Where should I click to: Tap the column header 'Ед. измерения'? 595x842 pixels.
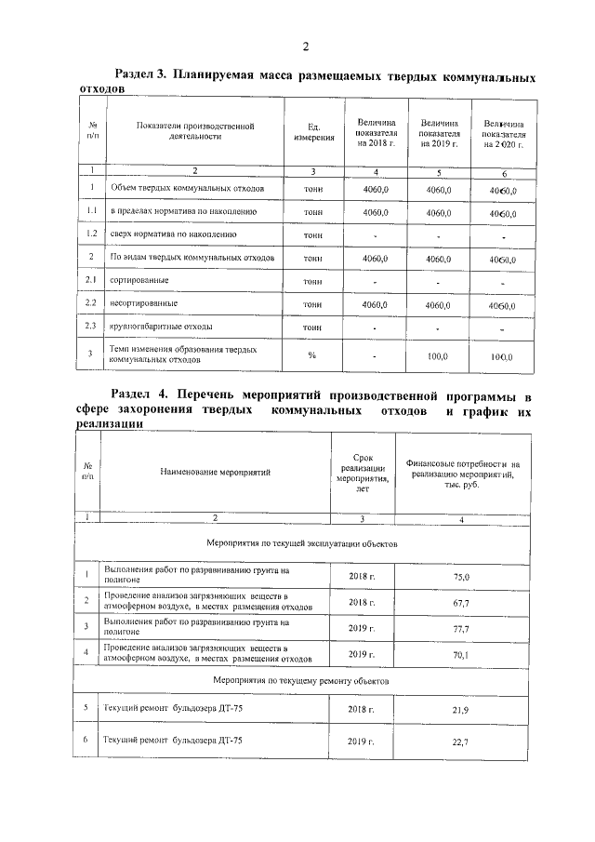(314, 132)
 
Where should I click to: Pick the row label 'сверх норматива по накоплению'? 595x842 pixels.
(174, 234)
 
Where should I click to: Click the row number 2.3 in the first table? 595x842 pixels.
(92, 326)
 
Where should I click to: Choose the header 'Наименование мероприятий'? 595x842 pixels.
(215, 472)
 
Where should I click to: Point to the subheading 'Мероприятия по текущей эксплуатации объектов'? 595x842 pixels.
(302, 541)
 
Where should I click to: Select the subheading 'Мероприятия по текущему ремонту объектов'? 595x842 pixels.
(301, 681)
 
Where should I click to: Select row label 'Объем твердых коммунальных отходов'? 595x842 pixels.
(188, 189)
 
